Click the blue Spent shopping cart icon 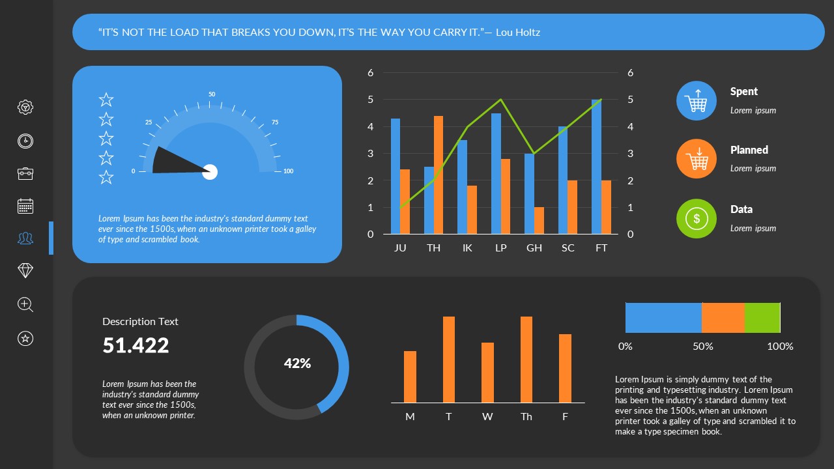697,101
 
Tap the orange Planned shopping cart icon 697,158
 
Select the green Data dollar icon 697,219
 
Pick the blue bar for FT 596,167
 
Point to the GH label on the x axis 534,248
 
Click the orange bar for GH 539,220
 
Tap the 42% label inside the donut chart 297,363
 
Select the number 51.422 136,345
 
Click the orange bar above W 487,372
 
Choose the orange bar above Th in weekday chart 526,360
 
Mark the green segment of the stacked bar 762,318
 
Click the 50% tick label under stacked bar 702,347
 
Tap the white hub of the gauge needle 210,172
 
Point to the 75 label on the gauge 275,122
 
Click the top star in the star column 106,100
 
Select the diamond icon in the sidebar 25,271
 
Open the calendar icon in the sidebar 25,206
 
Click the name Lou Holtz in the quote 518,32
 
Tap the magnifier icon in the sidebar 25,304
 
